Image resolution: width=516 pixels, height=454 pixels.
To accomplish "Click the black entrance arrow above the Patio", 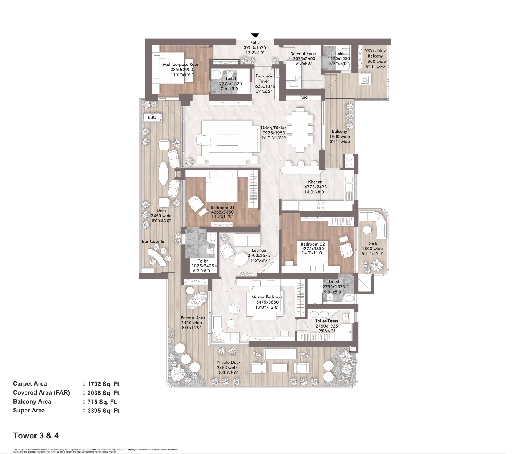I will click(x=255, y=36).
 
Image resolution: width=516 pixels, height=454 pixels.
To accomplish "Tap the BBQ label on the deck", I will click(x=152, y=117).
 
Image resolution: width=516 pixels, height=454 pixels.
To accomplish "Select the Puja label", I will click(x=304, y=97).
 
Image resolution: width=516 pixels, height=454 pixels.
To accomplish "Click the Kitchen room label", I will click(x=315, y=182).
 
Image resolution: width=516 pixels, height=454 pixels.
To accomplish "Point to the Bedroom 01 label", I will click(x=222, y=208).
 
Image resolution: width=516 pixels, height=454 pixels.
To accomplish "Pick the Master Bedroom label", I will click(x=267, y=297).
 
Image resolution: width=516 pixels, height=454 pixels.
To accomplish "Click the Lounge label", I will click(x=259, y=251).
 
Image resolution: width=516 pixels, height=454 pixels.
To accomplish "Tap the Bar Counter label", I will click(x=154, y=242).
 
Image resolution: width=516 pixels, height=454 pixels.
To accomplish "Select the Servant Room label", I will click(x=304, y=54).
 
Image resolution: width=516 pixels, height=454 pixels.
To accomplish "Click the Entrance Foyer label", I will click(x=264, y=79).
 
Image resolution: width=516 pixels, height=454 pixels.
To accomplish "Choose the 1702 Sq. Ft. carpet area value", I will click(x=104, y=384).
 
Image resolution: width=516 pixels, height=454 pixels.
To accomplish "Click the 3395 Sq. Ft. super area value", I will click(x=104, y=411).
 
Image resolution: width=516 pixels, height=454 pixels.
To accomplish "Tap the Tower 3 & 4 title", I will click(x=36, y=436).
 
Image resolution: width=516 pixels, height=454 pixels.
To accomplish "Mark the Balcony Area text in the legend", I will click(x=32, y=402).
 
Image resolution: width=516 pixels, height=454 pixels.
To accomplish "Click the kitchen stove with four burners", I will click(x=321, y=205).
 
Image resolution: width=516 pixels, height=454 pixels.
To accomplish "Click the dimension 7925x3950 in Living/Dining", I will click(x=273, y=133).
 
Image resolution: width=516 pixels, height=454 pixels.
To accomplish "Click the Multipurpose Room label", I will click(x=182, y=64).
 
